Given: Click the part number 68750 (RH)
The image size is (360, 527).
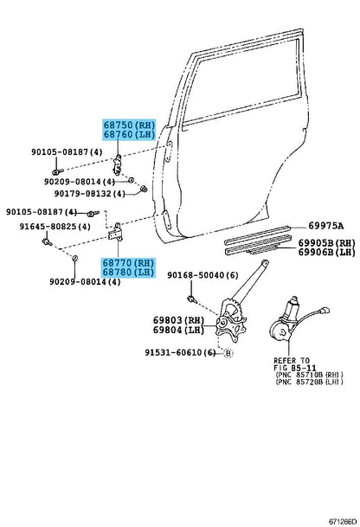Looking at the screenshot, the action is pyautogui.click(x=129, y=125).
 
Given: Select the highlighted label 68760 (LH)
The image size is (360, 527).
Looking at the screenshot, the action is pyautogui.click(x=129, y=134).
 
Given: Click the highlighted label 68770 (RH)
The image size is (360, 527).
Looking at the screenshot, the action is pyautogui.click(x=129, y=262).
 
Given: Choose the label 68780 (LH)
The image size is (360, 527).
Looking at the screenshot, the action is pyautogui.click(x=129, y=272).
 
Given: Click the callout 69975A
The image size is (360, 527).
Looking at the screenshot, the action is pyautogui.click(x=326, y=226).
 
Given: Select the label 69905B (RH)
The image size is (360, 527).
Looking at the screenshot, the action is pyautogui.click(x=327, y=242).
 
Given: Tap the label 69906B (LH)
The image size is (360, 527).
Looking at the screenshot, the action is pyautogui.click(x=327, y=252).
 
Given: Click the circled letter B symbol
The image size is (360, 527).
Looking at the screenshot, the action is pyautogui.click(x=228, y=353).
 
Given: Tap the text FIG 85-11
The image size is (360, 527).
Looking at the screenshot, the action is pyautogui.click(x=295, y=369).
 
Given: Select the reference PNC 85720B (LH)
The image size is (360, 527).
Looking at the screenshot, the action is pyautogui.click(x=309, y=382).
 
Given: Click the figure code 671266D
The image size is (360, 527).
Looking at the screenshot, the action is pyautogui.click(x=343, y=521).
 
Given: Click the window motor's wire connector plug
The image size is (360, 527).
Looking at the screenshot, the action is pyautogui.click(x=325, y=310).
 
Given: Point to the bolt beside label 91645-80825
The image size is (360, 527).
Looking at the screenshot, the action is pyautogui.click(x=47, y=241).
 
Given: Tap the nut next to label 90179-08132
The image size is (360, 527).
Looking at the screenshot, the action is pyautogui.click(x=145, y=189).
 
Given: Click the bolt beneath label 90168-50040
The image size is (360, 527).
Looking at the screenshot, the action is pyautogui.click(x=192, y=299).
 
